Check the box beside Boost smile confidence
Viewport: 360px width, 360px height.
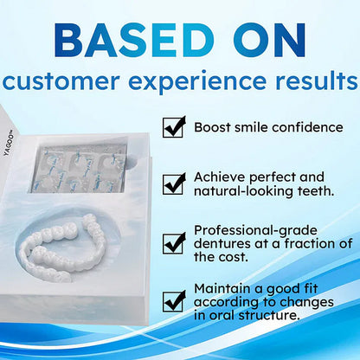click(x=175, y=127)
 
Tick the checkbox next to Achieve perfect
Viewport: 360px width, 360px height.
click(x=175, y=183)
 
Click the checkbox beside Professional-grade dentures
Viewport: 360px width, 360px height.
click(x=175, y=241)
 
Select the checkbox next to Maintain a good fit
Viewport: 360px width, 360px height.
click(x=175, y=300)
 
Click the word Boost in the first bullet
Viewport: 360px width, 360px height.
click(x=213, y=127)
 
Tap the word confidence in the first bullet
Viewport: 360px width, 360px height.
click(x=305, y=127)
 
